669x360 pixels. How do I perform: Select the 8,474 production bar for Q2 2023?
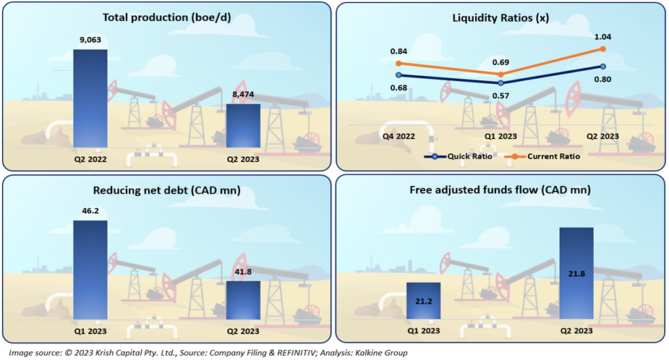click(244, 127)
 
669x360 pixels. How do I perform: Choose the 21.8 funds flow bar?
click(576, 274)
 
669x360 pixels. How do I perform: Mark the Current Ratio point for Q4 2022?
click(398, 63)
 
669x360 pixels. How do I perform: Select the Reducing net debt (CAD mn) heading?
click(167, 191)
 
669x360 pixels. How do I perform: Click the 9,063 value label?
click(90, 40)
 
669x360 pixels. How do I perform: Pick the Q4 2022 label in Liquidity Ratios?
click(398, 136)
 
